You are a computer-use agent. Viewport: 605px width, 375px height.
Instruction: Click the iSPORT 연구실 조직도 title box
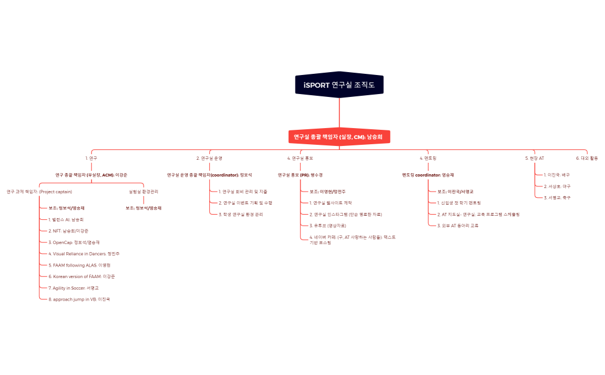point(339,85)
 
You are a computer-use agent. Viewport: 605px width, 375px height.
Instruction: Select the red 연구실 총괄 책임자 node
point(339,137)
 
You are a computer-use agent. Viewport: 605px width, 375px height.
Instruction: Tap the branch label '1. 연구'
point(91,157)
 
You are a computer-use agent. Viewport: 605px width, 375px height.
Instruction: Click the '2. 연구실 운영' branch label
point(209,157)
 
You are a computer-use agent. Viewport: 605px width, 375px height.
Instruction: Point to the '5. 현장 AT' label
point(534,157)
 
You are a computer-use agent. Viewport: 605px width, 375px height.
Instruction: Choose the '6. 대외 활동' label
point(587,157)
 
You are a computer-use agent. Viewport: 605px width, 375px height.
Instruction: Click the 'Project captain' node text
point(39,191)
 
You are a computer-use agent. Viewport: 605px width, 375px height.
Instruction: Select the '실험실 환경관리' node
point(143,191)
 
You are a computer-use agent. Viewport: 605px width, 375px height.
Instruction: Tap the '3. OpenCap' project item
point(74,242)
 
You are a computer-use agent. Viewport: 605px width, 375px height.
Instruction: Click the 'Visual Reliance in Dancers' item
point(84,253)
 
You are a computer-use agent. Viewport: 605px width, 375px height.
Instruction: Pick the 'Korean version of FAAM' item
point(82,276)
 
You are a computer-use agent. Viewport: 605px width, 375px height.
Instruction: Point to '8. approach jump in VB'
point(79,299)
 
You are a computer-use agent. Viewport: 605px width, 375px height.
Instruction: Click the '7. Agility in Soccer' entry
point(74,288)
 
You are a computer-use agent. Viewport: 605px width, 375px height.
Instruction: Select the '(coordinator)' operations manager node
point(209,174)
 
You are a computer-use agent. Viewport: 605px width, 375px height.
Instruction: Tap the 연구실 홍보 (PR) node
point(300,174)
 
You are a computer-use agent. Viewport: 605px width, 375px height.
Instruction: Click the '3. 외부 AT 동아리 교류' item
point(457,226)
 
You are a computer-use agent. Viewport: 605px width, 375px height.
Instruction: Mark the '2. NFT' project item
point(68,231)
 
